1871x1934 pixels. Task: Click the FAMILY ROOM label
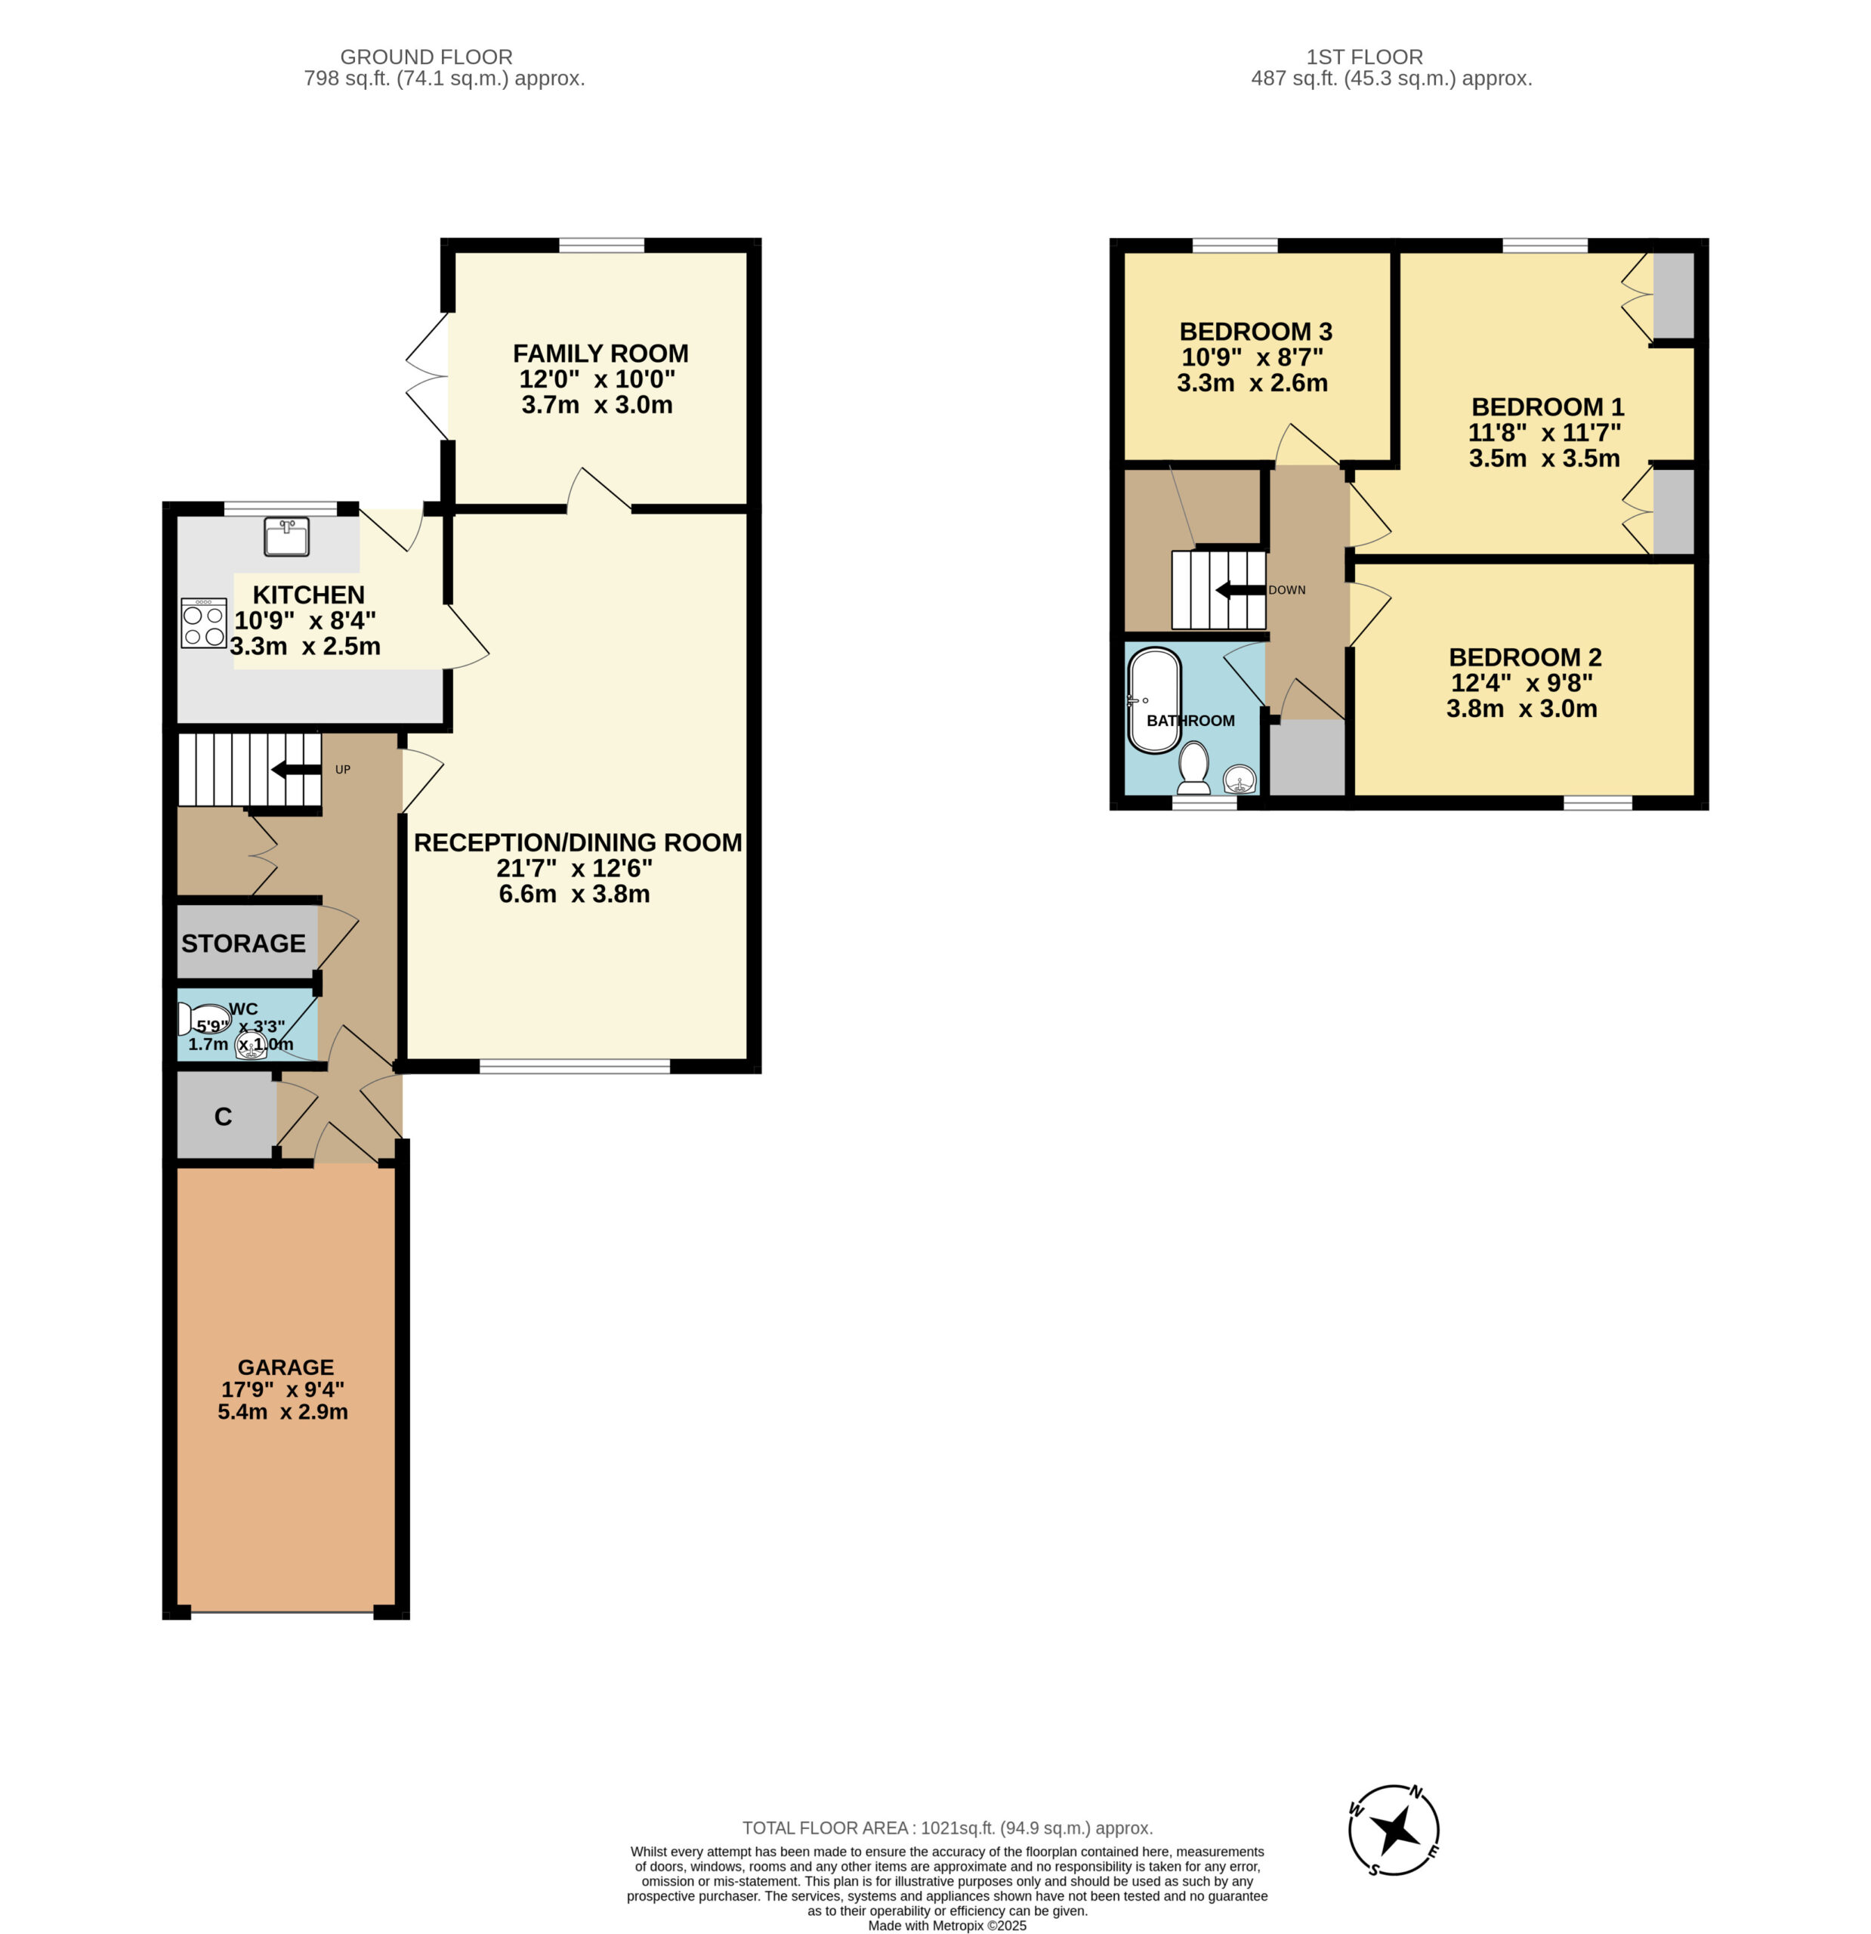tap(600, 354)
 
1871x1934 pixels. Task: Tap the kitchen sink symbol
tap(286, 537)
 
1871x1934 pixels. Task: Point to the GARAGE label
tap(286, 1367)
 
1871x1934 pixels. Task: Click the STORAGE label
tap(242, 944)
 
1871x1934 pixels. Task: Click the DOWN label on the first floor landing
tap(1287, 590)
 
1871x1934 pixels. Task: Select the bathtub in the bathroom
tap(1153, 700)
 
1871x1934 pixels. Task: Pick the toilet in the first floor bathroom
tap(1194, 768)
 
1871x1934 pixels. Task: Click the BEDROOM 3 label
tap(1255, 332)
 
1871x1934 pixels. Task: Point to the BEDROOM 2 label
tap(1524, 657)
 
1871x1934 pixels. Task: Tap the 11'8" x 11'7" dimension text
tap(1545, 432)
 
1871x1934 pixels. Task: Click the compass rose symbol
tap(1394, 1831)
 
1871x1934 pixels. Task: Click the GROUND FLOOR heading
tap(426, 57)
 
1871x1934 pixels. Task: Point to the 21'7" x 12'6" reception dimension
tap(574, 868)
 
